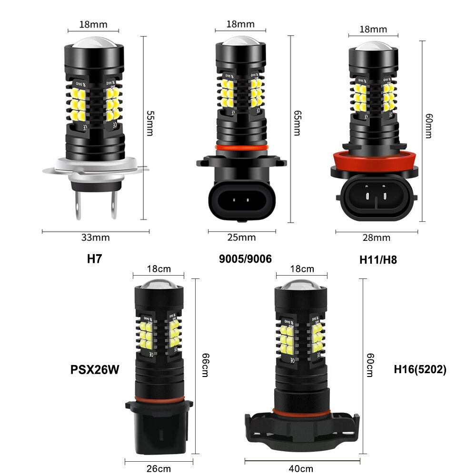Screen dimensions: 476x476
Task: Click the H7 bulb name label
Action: click(x=95, y=259)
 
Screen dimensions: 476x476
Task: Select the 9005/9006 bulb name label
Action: click(x=245, y=259)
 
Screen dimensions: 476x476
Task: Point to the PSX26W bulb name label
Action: click(x=95, y=369)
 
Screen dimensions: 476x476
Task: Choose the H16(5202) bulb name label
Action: click(x=420, y=369)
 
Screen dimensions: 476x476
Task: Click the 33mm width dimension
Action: click(x=95, y=237)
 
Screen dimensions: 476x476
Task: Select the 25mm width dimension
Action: click(x=241, y=237)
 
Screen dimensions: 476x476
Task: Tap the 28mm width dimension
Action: click(x=376, y=238)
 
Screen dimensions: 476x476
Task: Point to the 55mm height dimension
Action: click(x=149, y=123)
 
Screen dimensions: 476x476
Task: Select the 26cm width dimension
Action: click(x=159, y=468)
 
